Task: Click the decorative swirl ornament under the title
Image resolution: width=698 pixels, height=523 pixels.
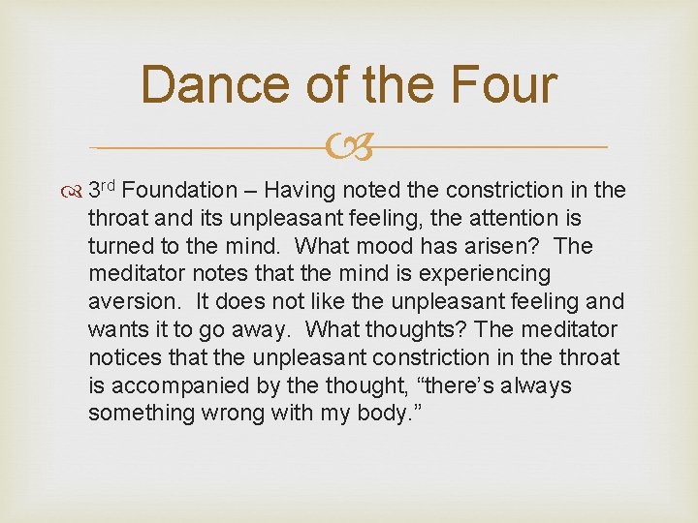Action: coord(349,148)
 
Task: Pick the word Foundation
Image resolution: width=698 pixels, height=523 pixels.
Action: coord(179,191)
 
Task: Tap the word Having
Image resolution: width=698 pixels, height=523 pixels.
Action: coord(301,191)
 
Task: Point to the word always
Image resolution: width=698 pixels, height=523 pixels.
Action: coord(530,387)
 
